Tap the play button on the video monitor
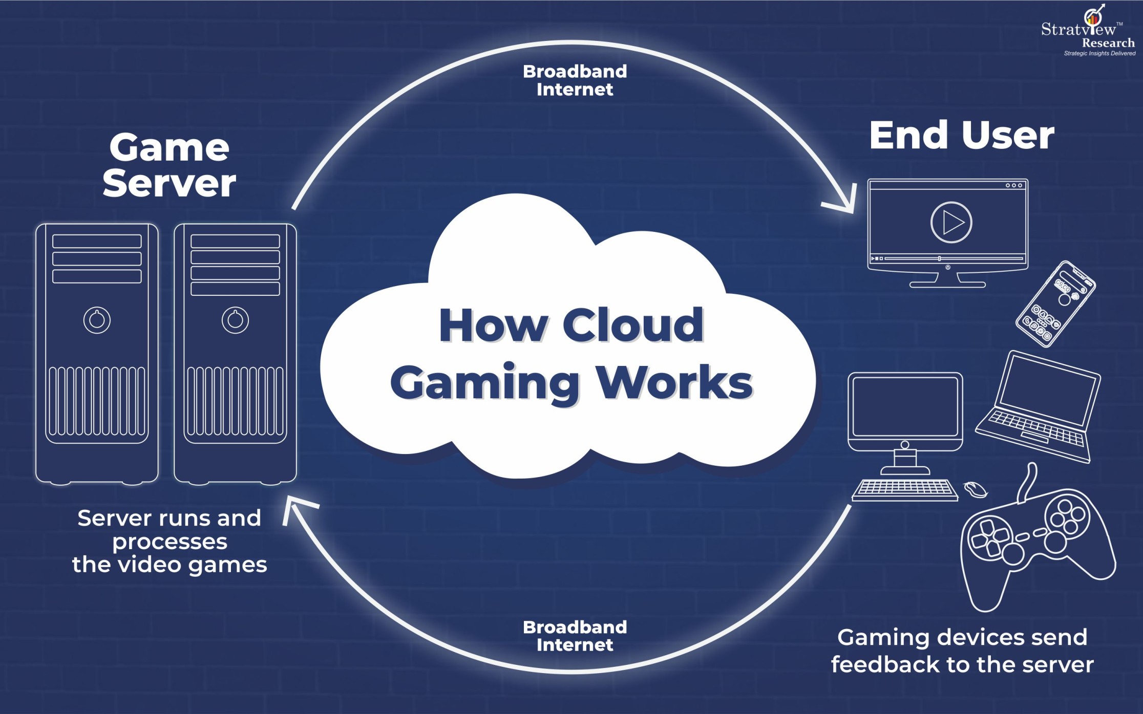click(951, 223)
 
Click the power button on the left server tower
click(97, 320)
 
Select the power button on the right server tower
click(235, 320)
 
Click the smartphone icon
click(1056, 304)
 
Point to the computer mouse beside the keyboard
click(976, 489)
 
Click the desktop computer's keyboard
click(905, 489)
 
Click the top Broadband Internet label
click(575, 80)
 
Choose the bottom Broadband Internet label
click(575, 636)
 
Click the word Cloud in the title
click(633, 326)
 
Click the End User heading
click(961, 136)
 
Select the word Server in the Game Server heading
click(169, 183)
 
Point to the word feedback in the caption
click(884, 665)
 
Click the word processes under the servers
click(170, 542)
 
